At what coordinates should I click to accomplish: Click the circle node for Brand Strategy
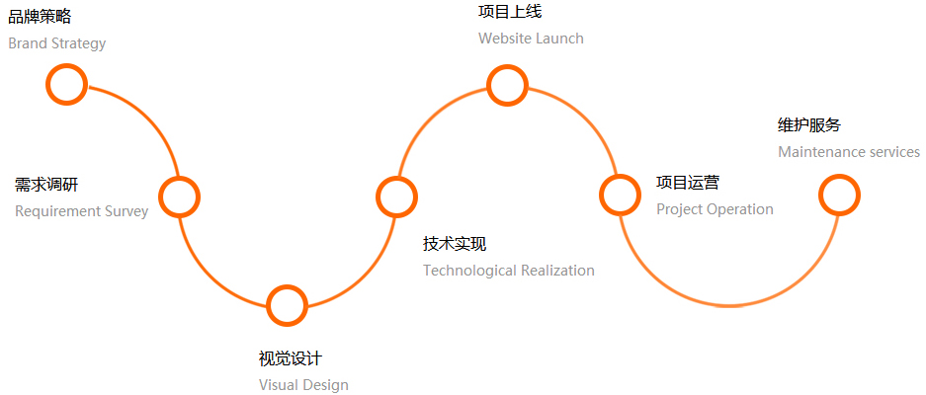click(x=67, y=84)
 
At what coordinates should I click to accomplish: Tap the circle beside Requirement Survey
click(x=180, y=197)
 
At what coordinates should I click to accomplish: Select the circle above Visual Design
click(x=288, y=305)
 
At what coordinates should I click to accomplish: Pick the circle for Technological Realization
click(x=396, y=196)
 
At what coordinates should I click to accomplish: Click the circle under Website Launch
click(x=507, y=85)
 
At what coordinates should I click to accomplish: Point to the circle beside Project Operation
click(x=620, y=195)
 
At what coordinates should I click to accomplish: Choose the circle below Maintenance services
click(x=839, y=195)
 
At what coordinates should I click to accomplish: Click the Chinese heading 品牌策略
click(x=40, y=17)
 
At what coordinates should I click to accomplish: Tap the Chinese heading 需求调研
click(x=46, y=185)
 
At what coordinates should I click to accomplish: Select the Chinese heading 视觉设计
click(x=290, y=358)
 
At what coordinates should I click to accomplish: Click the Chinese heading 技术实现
click(x=455, y=244)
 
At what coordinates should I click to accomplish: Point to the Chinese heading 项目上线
click(x=510, y=12)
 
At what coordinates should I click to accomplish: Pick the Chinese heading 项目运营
click(x=688, y=183)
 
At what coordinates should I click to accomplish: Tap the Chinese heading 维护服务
click(x=809, y=125)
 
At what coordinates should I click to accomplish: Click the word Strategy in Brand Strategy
click(x=78, y=43)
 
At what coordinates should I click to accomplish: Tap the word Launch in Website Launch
click(x=559, y=39)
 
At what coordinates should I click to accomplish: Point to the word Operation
click(x=739, y=209)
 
